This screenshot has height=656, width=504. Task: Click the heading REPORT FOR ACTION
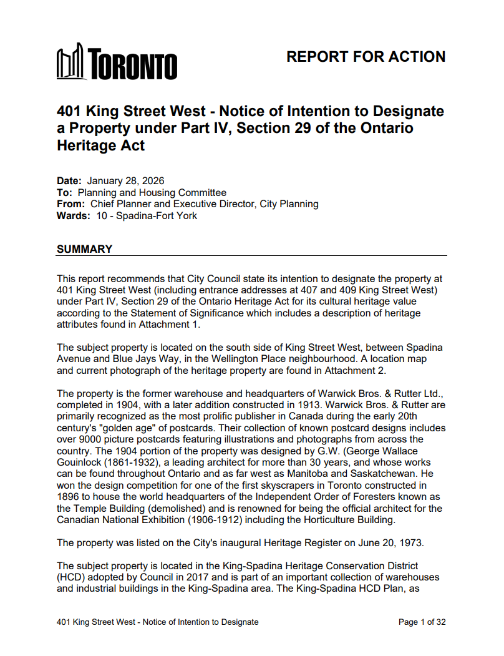[366, 57]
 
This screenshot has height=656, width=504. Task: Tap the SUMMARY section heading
[84, 249]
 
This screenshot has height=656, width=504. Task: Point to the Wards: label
[72, 215]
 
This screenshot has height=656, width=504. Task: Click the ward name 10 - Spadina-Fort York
[147, 215]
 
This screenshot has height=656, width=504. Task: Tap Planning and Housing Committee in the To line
[152, 193]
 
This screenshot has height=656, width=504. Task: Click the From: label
[70, 204]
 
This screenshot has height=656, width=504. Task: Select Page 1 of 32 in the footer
[422, 622]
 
